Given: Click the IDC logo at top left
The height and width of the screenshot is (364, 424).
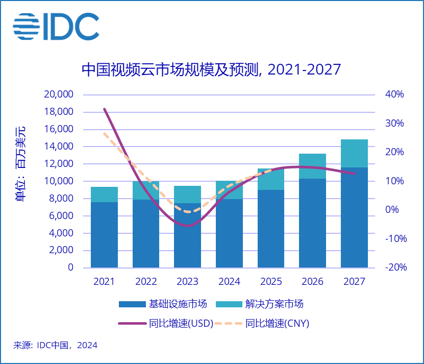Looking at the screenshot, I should [56, 27].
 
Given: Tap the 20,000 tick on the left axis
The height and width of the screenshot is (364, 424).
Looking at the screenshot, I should [60, 94].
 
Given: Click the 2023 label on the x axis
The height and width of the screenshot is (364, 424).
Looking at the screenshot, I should [187, 282].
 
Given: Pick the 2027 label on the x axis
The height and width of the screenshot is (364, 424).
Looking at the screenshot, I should [354, 282].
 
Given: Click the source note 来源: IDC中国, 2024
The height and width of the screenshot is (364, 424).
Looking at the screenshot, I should [55, 346].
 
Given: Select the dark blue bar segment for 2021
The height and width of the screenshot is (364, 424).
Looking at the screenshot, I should [105, 235].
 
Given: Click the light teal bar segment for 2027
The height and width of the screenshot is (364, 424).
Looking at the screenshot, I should [354, 153].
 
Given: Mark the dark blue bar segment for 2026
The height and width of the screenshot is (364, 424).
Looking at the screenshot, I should [312, 223].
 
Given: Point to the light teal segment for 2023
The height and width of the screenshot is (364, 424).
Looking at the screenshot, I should [187, 195].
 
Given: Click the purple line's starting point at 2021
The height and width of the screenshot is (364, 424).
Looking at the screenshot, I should [105, 109].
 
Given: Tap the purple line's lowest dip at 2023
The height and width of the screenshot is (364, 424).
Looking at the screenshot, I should [188, 225].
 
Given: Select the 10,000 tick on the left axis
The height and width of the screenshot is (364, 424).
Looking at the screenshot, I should [60, 181].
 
